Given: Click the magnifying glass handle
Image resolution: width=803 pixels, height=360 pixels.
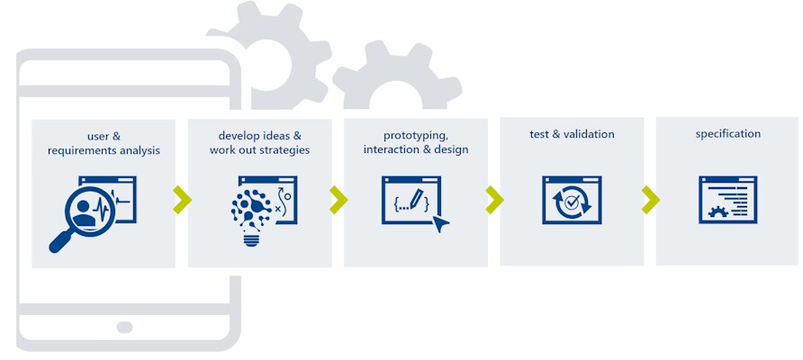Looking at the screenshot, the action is [61, 239].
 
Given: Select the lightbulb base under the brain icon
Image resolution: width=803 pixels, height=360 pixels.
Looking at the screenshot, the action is [251, 238].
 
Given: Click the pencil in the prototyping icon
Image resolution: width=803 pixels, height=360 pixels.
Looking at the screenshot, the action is [417, 198].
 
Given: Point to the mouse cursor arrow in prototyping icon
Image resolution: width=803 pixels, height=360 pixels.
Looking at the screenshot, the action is [440, 223].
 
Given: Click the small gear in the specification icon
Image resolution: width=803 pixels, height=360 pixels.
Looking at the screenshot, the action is [717, 211].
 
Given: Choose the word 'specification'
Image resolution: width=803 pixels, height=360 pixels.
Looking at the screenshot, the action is [727, 134].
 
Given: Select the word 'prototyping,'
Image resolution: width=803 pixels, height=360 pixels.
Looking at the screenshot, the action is [416, 136].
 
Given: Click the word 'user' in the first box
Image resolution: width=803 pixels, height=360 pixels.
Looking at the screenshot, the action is [97, 136].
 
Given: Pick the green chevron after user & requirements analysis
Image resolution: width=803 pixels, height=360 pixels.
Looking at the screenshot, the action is [182, 200].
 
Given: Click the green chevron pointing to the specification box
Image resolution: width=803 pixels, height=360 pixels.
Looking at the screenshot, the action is [650, 200].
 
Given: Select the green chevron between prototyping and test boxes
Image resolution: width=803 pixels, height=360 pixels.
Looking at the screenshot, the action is [494, 200].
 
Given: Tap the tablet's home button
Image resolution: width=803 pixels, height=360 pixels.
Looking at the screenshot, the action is [124, 328].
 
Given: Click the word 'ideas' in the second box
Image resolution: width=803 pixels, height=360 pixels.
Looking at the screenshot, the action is [275, 136].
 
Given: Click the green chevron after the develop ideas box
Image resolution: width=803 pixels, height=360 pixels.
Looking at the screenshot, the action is [338, 200].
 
